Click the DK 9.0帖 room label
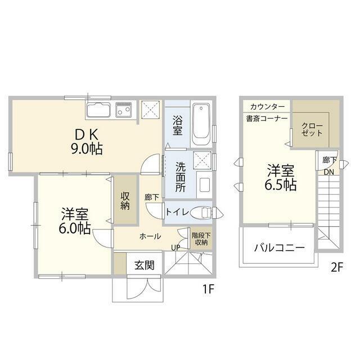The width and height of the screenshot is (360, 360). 87,142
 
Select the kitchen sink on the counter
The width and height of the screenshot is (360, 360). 98,110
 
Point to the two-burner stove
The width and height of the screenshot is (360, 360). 124,109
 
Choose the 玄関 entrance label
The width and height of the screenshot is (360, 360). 145,265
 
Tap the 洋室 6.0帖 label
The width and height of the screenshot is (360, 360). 75,221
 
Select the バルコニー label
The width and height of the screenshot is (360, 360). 280,247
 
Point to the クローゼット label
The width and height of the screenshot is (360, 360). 312,129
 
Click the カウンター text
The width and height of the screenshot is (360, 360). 267,106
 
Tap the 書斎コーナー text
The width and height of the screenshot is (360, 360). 267,119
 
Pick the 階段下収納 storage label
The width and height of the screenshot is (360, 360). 201,238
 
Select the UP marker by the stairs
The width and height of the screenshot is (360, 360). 175,247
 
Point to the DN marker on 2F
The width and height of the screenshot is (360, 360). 328,172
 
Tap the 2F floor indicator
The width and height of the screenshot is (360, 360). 337,268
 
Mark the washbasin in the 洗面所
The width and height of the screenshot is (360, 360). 204,184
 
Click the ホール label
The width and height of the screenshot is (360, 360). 150,236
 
